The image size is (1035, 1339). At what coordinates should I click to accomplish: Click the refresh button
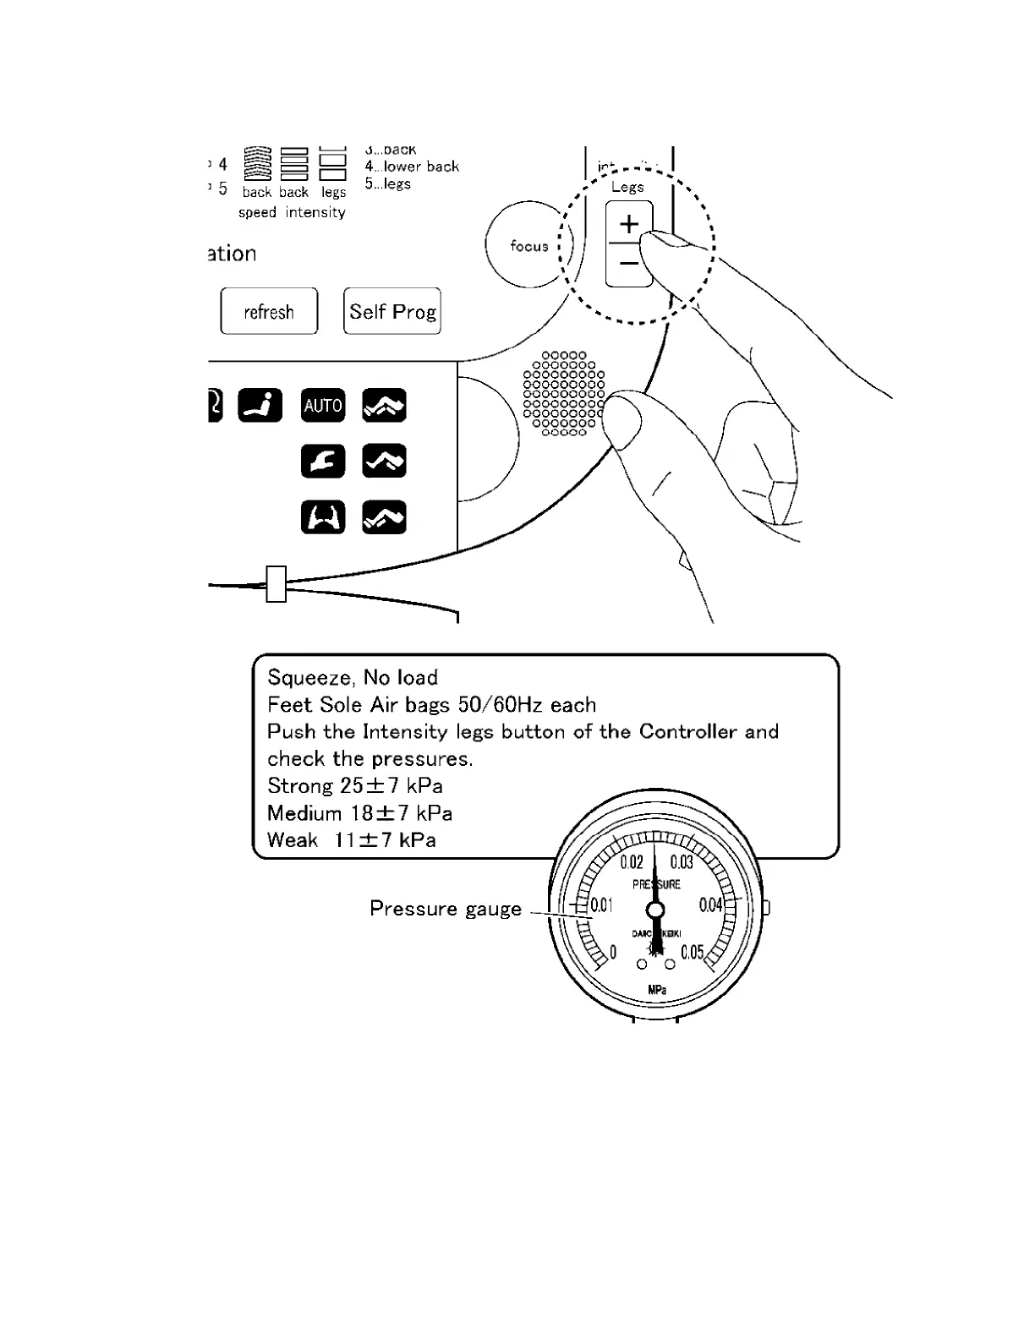pos(269,311)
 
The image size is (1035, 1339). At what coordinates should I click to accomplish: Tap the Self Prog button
pos(392,311)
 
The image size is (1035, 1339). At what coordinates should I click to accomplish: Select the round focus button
pos(529,246)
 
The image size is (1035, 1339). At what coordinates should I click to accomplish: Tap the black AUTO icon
pos(323,406)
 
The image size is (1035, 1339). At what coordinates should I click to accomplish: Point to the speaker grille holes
pos(563,394)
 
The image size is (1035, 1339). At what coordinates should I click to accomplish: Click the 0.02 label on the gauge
pos(632,862)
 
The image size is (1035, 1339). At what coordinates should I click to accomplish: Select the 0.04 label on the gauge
pos(710,905)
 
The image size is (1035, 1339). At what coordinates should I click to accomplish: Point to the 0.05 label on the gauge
pos(692,953)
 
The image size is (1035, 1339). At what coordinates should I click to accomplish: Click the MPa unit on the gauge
pos(657,990)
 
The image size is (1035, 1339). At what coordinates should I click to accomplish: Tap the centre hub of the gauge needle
pos(655,910)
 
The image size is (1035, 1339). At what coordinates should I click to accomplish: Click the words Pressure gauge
pos(446,909)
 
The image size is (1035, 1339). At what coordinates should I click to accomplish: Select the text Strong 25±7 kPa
pos(355,785)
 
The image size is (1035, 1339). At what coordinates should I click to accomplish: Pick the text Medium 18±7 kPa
pos(359,813)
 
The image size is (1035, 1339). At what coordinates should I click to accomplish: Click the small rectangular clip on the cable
pos(276,584)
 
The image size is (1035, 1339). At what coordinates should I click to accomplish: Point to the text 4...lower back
pos(412,167)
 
